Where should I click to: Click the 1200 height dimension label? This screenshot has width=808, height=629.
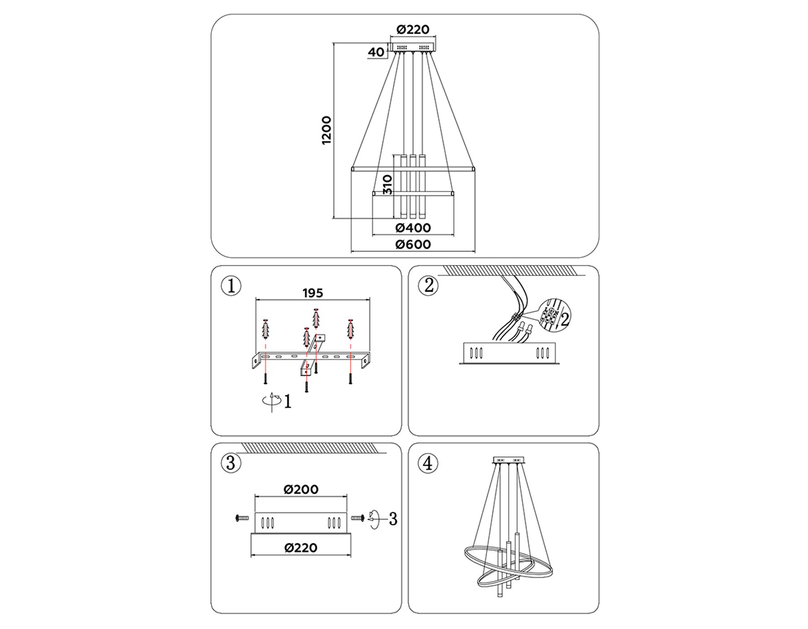click(x=326, y=130)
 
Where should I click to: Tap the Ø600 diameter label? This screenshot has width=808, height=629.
click(x=413, y=244)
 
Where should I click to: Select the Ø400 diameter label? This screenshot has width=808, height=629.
click(x=413, y=228)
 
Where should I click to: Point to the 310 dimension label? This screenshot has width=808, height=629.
click(x=387, y=185)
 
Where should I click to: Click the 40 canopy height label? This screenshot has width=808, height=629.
click(x=376, y=53)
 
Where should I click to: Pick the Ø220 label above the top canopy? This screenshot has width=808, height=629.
click(x=413, y=30)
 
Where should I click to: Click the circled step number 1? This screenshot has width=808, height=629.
click(x=231, y=286)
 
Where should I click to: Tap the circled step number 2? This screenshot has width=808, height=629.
click(x=428, y=286)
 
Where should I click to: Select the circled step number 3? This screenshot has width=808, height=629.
click(x=231, y=463)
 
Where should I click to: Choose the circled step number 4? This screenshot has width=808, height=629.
click(x=428, y=463)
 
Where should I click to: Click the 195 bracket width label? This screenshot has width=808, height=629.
click(x=313, y=293)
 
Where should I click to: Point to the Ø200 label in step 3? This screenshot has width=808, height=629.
click(x=301, y=489)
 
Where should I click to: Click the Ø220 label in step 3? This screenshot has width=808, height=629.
click(x=301, y=548)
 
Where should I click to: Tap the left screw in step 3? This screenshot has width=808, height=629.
click(x=242, y=518)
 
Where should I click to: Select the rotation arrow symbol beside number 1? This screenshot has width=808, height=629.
click(x=271, y=401)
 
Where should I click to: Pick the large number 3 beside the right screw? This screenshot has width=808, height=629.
click(x=393, y=519)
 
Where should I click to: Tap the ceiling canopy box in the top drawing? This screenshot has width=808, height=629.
click(x=413, y=47)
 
